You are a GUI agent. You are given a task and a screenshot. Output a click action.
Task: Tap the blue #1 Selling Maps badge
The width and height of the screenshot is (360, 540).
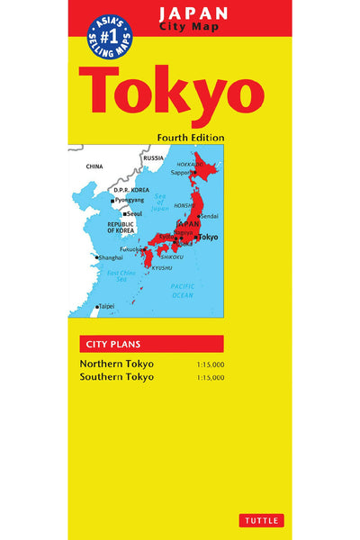(x=109, y=36)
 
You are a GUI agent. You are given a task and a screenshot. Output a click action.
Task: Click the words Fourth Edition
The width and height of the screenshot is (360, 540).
(x=190, y=138)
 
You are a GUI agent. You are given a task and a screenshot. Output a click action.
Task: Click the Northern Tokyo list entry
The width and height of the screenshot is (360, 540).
(x=116, y=364)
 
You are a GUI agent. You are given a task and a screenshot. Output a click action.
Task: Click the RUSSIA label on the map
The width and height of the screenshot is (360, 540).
(x=154, y=158)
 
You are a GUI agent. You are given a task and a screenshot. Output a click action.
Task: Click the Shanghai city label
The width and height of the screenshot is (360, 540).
(x=112, y=257)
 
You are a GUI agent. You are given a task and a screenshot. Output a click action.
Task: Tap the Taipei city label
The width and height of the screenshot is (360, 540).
(x=107, y=307)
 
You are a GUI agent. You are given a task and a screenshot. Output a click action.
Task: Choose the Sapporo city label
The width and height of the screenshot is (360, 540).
(x=183, y=172)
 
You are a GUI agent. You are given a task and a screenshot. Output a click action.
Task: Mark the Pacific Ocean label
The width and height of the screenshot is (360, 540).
(x=183, y=290)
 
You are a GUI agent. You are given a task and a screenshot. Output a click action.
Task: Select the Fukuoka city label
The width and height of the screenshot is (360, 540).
(x=130, y=248)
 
